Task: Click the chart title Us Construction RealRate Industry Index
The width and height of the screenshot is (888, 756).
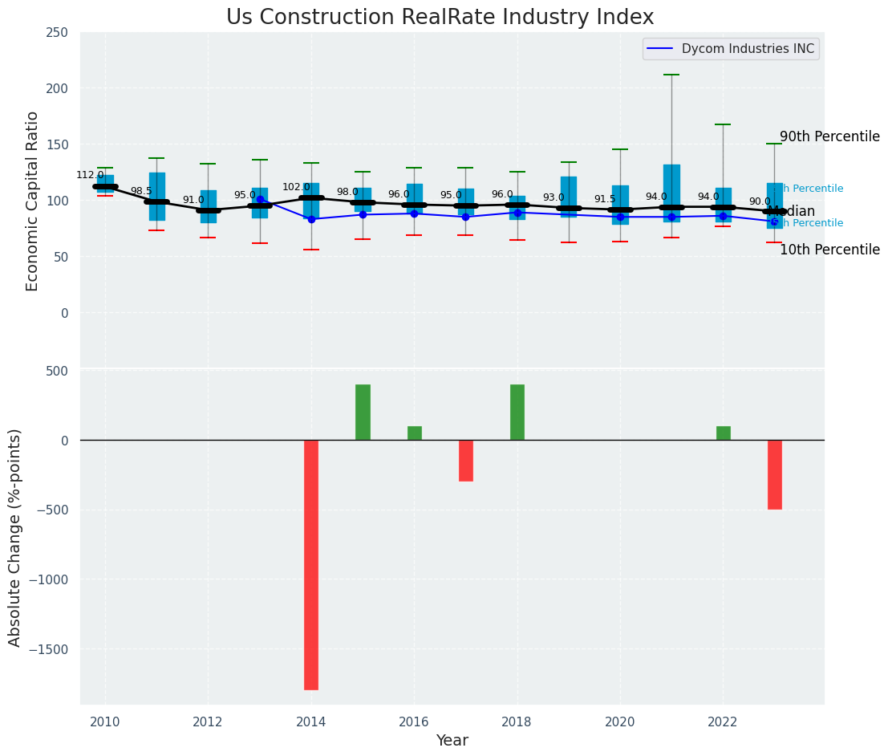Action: coord(440,18)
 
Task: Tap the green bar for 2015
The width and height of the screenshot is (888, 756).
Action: coord(363,413)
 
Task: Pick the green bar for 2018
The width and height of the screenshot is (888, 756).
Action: coord(517,413)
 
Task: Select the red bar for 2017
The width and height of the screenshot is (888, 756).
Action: coord(466,460)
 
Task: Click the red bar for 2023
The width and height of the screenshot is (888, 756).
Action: coord(774,474)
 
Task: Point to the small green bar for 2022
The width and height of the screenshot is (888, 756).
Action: coord(724,433)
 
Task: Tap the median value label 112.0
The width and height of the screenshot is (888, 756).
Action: coord(90,175)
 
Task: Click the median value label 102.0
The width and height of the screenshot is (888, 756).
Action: coord(296,187)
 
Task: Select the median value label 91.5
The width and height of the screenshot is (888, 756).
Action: coord(605,199)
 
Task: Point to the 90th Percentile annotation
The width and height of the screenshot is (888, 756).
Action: coord(829,136)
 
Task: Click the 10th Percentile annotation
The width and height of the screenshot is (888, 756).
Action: coord(829,250)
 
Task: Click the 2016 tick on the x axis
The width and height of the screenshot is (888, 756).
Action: coord(414,722)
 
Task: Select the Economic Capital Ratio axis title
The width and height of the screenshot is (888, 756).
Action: coord(33,201)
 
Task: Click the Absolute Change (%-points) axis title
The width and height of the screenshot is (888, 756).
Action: coord(15,537)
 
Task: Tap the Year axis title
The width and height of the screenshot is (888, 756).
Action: coord(452,741)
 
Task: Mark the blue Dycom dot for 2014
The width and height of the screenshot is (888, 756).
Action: coord(311,219)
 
